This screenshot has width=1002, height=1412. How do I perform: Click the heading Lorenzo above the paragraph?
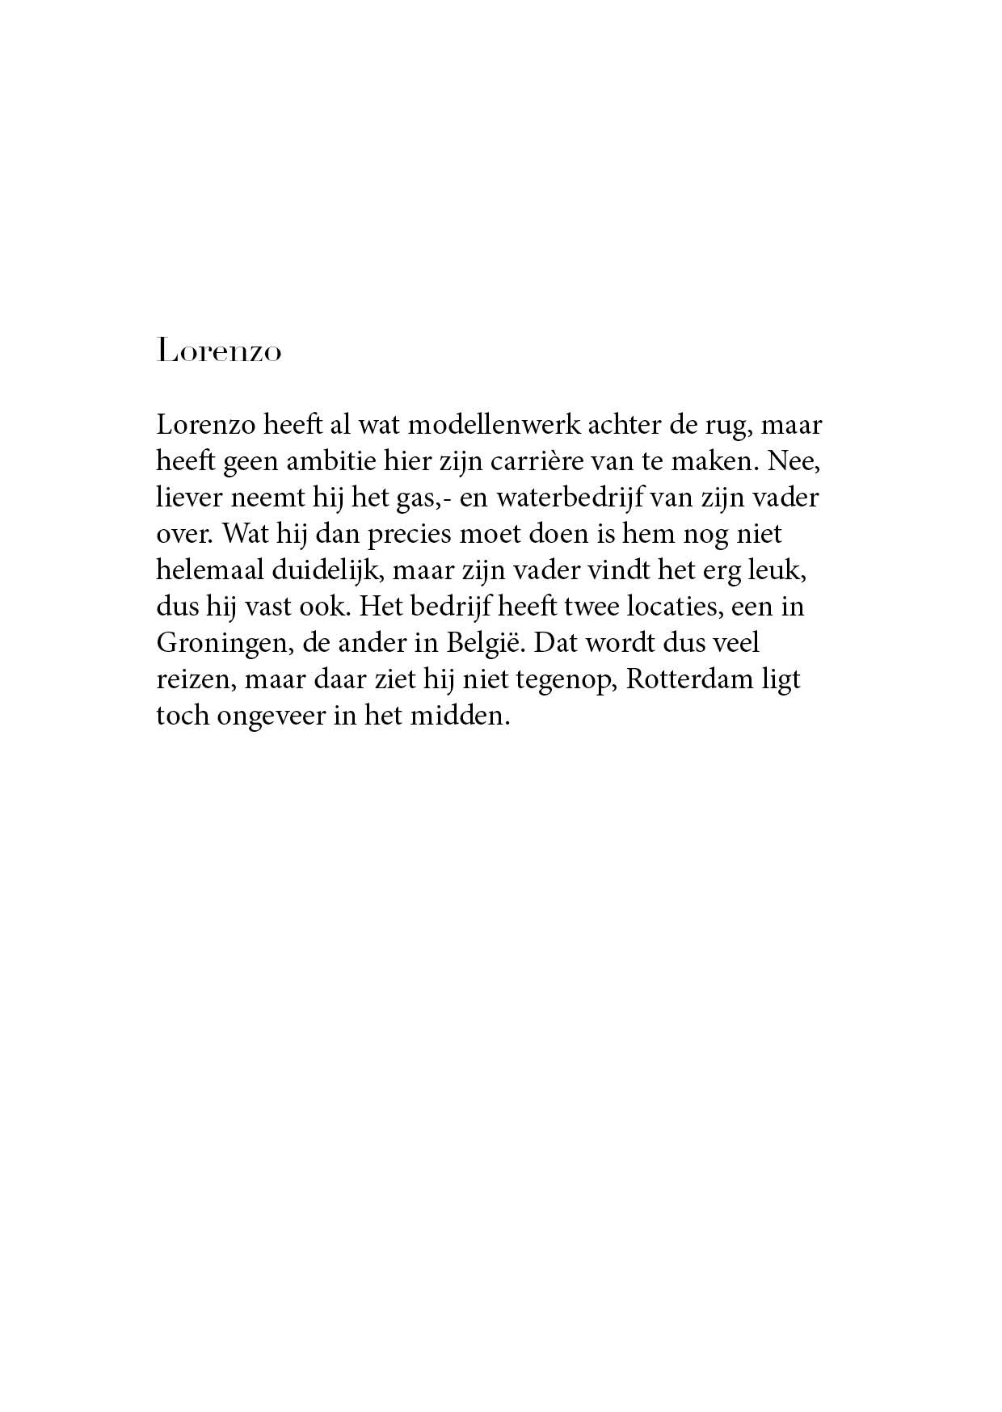click(x=219, y=352)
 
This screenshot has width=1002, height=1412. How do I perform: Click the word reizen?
click(x=193, y=679)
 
